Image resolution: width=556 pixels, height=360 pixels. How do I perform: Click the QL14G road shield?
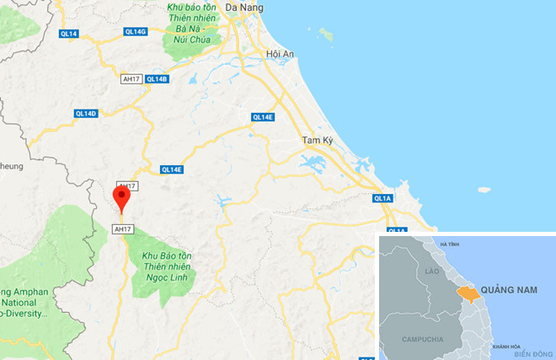pyautogui.click(x=135, y=31)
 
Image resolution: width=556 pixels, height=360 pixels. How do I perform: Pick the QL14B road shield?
pyautogui.click(x=158, y=79)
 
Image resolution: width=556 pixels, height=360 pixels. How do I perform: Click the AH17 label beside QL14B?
pyautogui.click(x=131, y=79)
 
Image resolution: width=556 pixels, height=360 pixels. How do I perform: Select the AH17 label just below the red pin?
pyautogui.click(x=123, y=228)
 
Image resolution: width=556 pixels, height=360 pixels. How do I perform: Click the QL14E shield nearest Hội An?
pyautogui.click(x=263, y=117)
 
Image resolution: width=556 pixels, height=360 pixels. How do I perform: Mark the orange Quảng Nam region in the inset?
pyautogui.click(x=466, y=292)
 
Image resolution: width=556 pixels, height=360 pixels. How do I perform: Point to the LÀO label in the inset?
pyautogui.click(x=434, y=271)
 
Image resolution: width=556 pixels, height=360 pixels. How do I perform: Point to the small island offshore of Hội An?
pyautogui.click(x=325, y=35)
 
